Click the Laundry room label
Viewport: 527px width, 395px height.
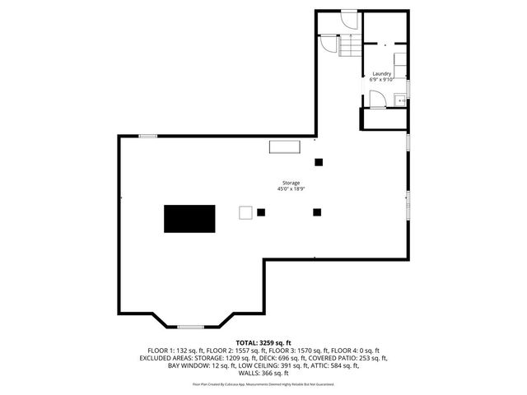click(x=381, y=74)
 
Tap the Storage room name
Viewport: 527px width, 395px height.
click(x=291, y=183)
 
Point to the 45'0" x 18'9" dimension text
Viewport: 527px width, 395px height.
click(x=291, y=189)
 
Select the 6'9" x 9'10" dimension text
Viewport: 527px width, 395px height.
click(x=381, y=80)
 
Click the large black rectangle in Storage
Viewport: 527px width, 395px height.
click(x=189, y=219)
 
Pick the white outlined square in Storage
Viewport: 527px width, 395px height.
click(x=245, y=211)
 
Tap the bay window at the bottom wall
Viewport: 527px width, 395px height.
click(x=190, y=326)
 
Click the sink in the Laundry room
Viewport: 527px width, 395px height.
click(x=399, y=100)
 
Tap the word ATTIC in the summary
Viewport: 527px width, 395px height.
click(x=319, y=365)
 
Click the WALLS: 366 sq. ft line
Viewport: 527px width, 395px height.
click(x=263, y=373)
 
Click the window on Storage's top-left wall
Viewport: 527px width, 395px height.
click(x=148, y=136)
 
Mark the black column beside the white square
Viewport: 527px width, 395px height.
click(x=261, y=211)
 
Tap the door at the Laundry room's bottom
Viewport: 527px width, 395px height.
click(x=377, y=100)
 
